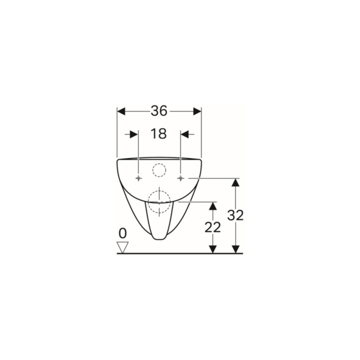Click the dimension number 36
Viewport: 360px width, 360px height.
(159, 111)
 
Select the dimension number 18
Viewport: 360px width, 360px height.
(158, 134)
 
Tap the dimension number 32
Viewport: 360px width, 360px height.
(235, 216)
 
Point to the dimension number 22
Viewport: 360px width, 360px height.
(213, 227)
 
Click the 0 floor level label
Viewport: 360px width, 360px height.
(123, 233)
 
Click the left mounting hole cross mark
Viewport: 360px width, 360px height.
(138, 178)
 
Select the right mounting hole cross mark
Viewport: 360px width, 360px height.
(181, 178)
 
